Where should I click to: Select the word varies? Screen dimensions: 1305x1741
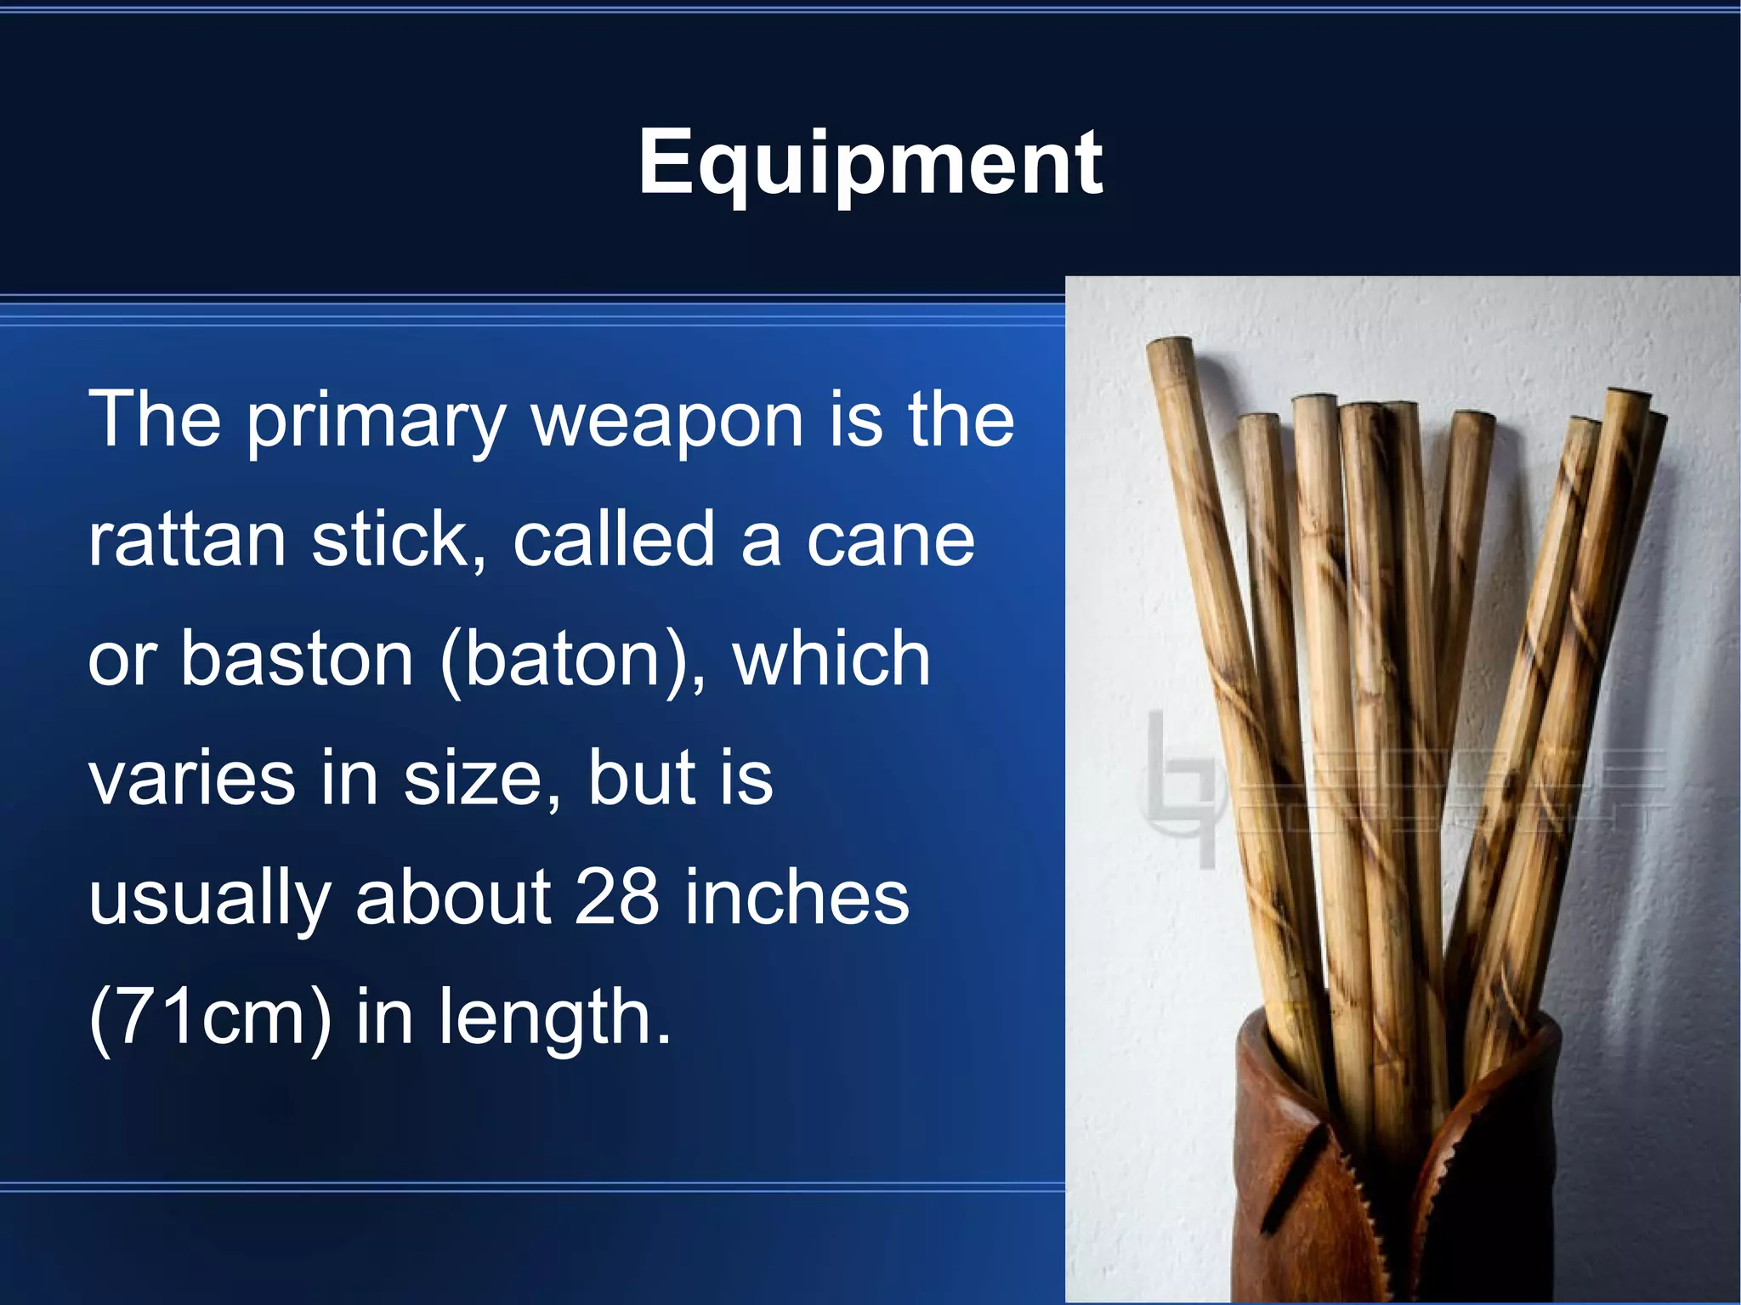point(192,779)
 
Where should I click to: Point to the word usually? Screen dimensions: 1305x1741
point(209,899)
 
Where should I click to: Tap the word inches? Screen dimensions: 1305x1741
point(797,898)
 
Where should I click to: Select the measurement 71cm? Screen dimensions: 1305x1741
point(209,1018)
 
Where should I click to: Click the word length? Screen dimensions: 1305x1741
point(553,1018)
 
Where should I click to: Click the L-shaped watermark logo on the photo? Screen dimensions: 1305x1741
point(1177,791)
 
